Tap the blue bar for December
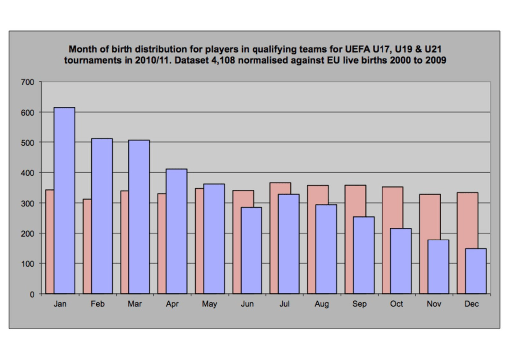coord(476,271)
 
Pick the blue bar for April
coord(176,231)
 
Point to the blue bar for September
coord(364,255)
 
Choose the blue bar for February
coord(102,216)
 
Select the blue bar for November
coord(438,266)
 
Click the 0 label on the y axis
coord(33,294)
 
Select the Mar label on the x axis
coord(135,304)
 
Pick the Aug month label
coord(322,304)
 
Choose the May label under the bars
coord(210,304)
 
